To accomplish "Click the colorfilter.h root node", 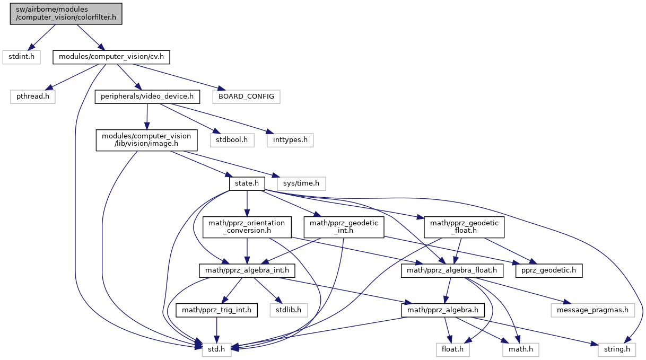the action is [x=66, y=14].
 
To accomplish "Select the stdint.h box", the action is [x=21, y=57].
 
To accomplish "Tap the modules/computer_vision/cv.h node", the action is [x=111, y=57].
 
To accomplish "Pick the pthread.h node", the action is [x=32, y=96].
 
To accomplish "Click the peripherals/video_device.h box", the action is [x=147, y=96].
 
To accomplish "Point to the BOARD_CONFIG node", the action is [x=246, y=96].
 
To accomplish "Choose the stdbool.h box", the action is [x=232, y=140].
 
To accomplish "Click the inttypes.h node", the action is [x=290, y=140].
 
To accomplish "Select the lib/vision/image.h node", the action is [x=146, y=140].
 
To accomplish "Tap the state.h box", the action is [x=247, y=183].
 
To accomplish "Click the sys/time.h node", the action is [x=301, y=183].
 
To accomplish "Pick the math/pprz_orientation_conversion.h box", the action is [x=247, y=227].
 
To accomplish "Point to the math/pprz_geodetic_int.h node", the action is [x=344, y=227].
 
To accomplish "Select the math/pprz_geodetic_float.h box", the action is [x=464, y=227].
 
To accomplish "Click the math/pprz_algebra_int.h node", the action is [x=247, y=270].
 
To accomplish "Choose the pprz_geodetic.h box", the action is [x=549, y=270].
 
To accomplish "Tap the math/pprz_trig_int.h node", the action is [x=216, y=310].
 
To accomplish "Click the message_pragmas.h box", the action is [x=592, y=310].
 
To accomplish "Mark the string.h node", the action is [x=617, y=349].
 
